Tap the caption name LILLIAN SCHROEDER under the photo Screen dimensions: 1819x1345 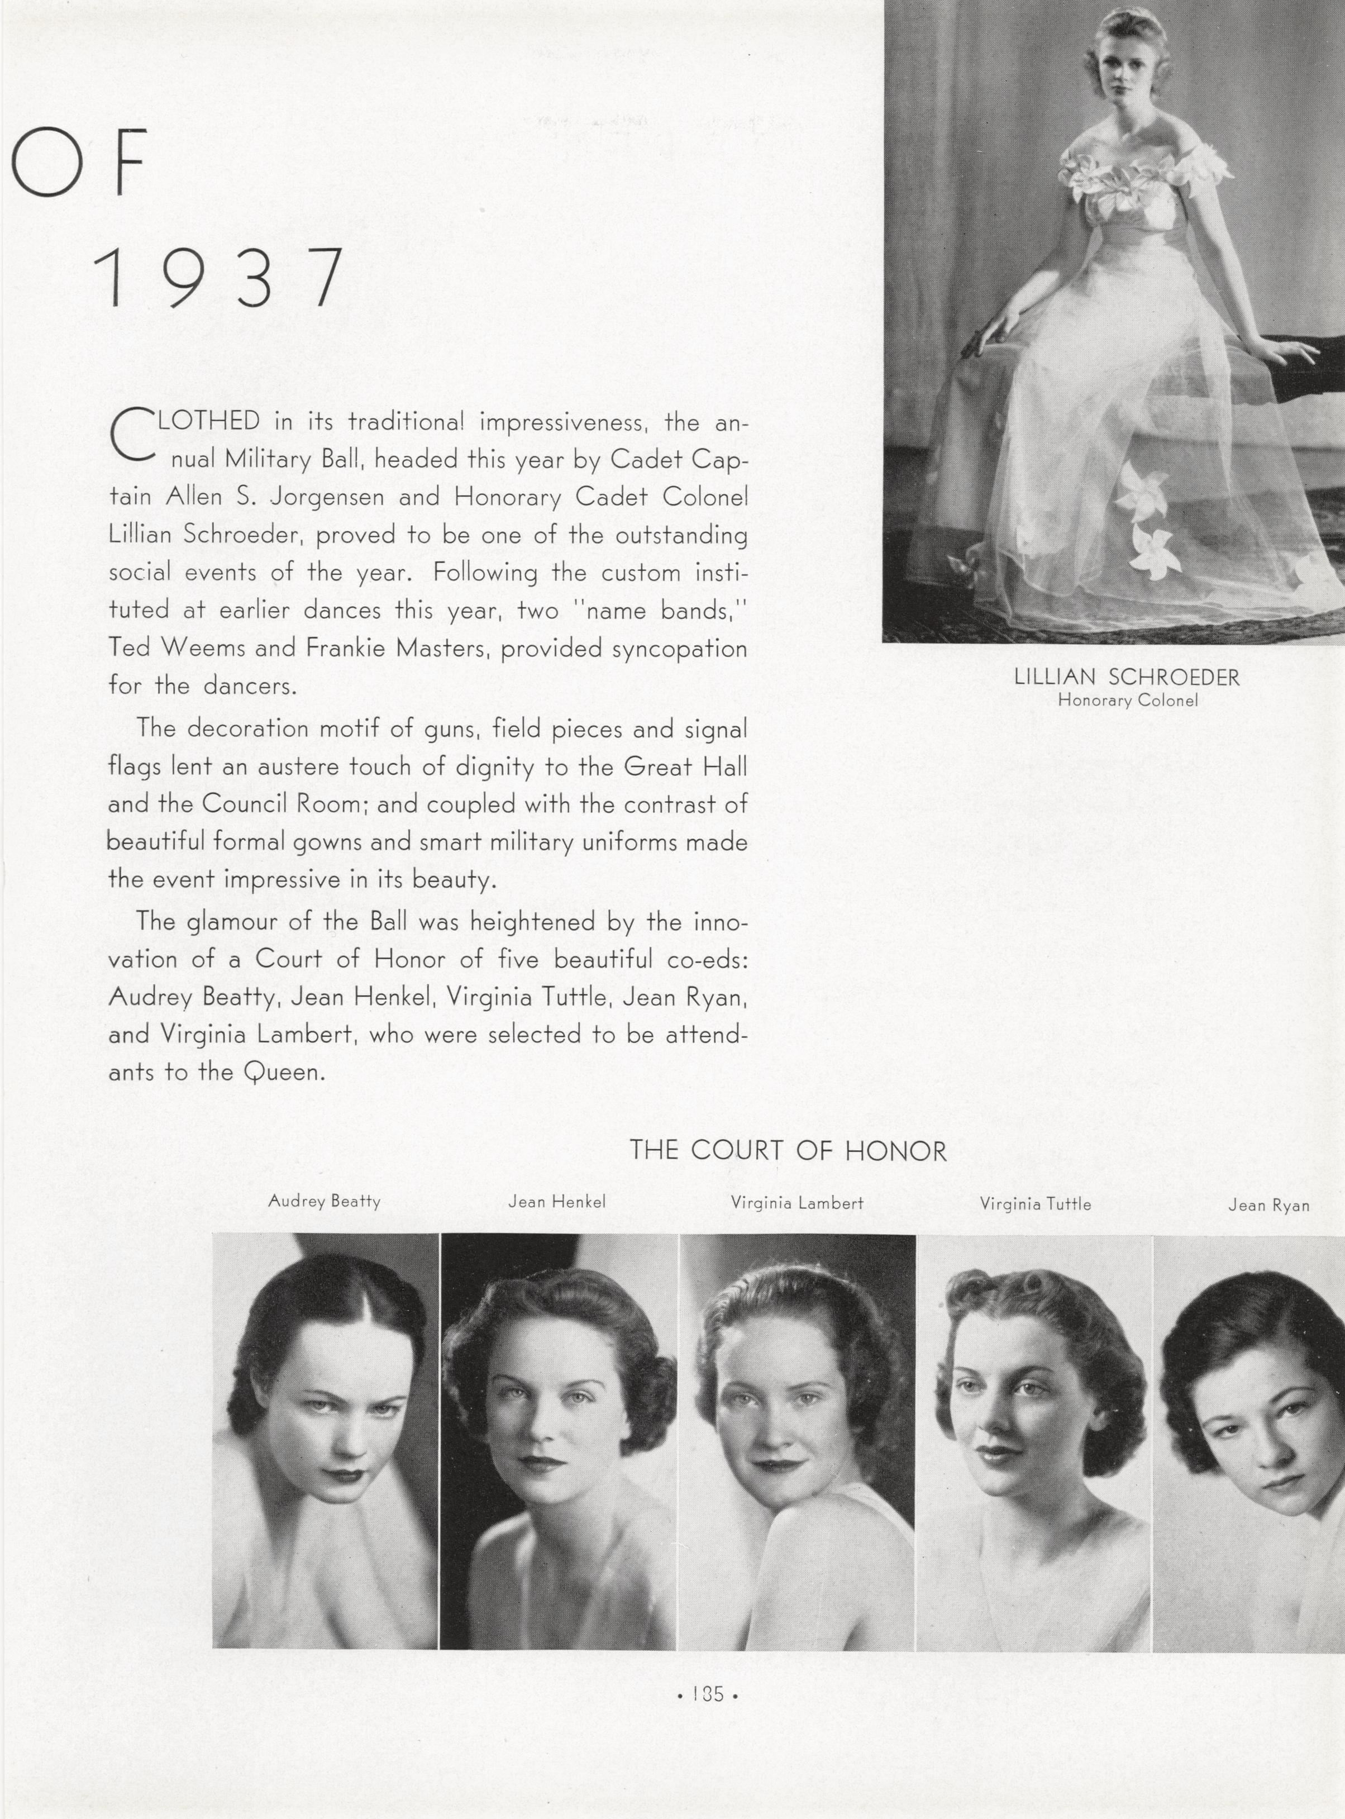coord(1127,678)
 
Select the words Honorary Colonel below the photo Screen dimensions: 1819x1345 coord(1128,699)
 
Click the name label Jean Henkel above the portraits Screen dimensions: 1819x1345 coord(557,1202)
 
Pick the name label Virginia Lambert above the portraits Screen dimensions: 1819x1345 coord(797,1203)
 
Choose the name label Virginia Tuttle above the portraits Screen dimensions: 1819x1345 coord(1036,1203)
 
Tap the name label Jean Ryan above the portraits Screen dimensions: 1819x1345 coord(1268,1205)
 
